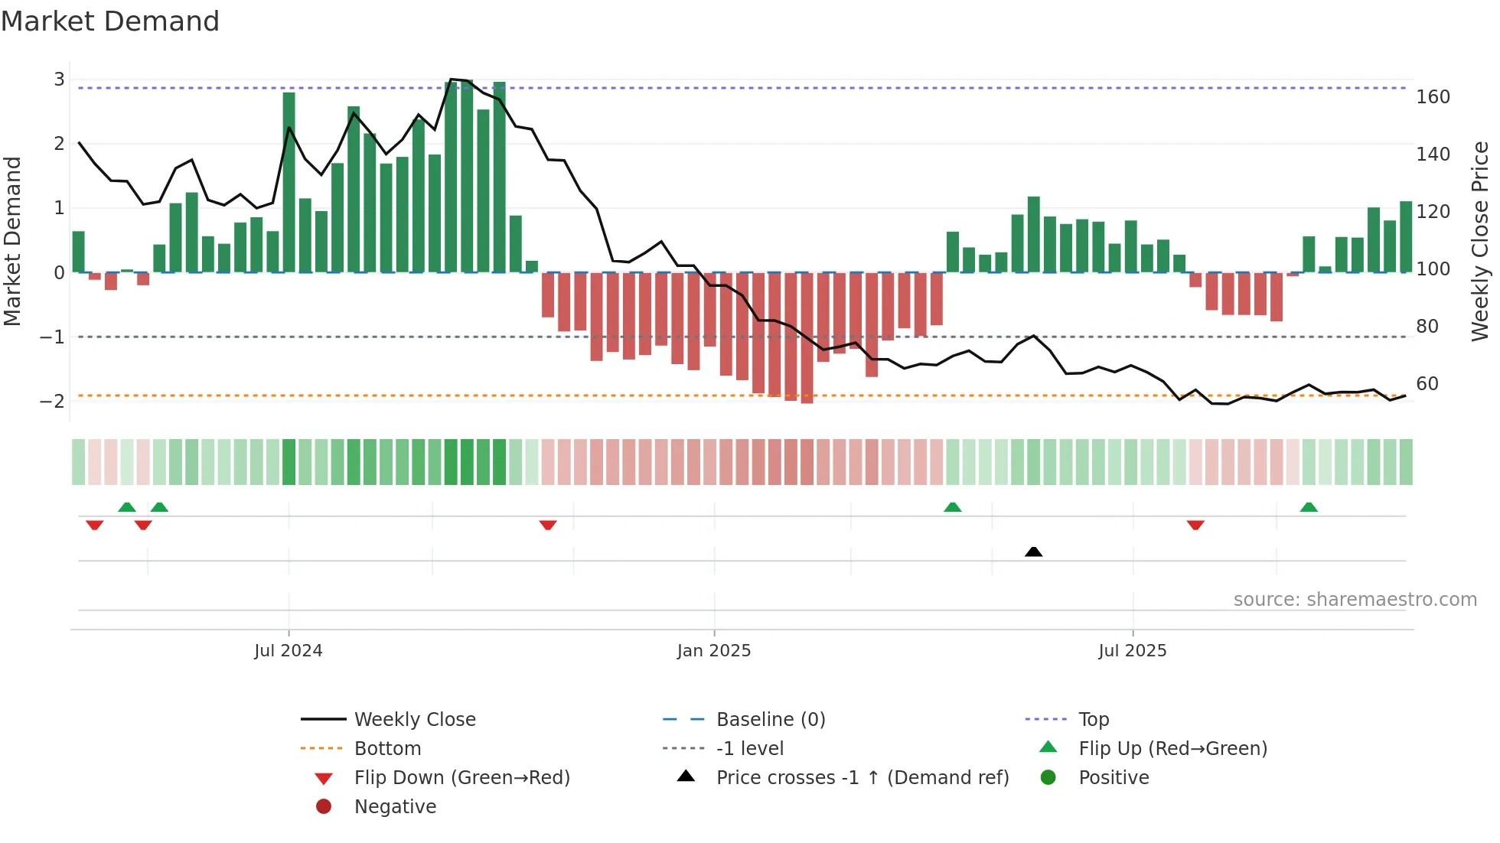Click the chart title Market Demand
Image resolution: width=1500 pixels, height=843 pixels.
pos(110,21)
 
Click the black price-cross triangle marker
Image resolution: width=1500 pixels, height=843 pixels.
pos(1033,552)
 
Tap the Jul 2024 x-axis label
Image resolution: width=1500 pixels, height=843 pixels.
pos(289,651)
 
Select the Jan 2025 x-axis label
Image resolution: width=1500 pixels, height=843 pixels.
pos(714,651)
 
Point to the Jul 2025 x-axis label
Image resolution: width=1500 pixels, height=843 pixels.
pos(1132,651)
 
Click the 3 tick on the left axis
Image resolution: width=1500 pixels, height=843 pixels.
pos(59,80)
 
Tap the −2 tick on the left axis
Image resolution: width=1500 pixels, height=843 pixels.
pos(52,402)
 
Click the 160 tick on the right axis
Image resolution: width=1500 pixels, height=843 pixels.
pos(1433,97)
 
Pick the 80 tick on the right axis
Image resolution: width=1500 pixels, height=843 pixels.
pos(1427,327)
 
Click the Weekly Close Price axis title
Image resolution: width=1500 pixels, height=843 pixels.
pos(1480,241)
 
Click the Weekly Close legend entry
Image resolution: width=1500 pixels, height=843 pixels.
pos(415,720)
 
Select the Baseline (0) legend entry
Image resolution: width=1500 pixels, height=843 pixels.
pos(771,720)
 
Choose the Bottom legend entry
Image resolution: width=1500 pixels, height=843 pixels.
pos(387,749)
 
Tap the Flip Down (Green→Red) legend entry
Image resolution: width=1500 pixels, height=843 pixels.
pos(461,778)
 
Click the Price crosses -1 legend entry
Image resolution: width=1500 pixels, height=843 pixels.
pos(862,778)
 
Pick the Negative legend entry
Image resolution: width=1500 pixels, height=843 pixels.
pos(395,807)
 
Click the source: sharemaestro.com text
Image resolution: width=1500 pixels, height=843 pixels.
pos(1355,600)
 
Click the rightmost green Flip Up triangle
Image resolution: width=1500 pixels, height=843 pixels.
pos(1309,507)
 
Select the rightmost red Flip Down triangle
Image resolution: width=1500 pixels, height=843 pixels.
pos(1195,525)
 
